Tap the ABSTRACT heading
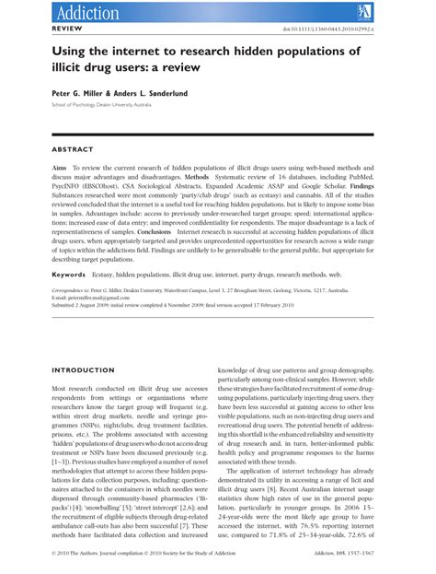pyautogui.click(x=74, y=148)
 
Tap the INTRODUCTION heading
pyautogui.click(x=87, y=346)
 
